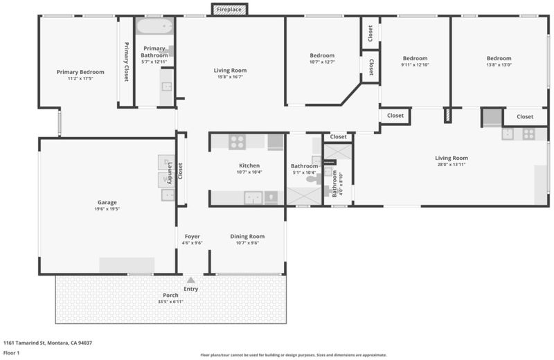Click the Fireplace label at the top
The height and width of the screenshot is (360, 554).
tap(229, 10)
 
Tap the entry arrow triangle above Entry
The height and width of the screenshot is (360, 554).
tap(191, 280)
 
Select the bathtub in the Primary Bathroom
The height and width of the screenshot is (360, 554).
tap(154, 26)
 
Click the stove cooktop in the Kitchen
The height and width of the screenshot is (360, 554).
tap(237, 142)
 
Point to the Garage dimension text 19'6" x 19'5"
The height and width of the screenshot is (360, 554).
tap(107, 209)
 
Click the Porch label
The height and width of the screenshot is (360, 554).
tap(170, 296)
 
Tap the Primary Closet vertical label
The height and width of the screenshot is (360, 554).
tap(126, 62)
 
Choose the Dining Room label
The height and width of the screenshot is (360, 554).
tap(247, 236)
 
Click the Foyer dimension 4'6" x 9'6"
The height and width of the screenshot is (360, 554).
tap(193, 243)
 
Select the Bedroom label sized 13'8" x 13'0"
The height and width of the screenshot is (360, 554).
tap(499, 58)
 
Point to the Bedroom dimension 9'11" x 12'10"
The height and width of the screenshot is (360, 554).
tap(415, 64)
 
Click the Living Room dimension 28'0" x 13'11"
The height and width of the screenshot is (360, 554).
tap(452, 164)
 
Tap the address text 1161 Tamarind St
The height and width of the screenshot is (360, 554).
tap(24, 343)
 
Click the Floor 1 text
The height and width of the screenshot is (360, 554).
tap(11, 352)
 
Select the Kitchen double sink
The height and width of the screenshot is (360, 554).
tap(253, 198)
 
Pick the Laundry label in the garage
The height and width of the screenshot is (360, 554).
tap(170, 173)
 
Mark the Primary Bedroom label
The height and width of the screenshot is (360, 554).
tap(80, 72)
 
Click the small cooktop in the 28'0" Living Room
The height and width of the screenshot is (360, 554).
tap(528, 134)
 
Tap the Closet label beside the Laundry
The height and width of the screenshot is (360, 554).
tap(180, 171)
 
